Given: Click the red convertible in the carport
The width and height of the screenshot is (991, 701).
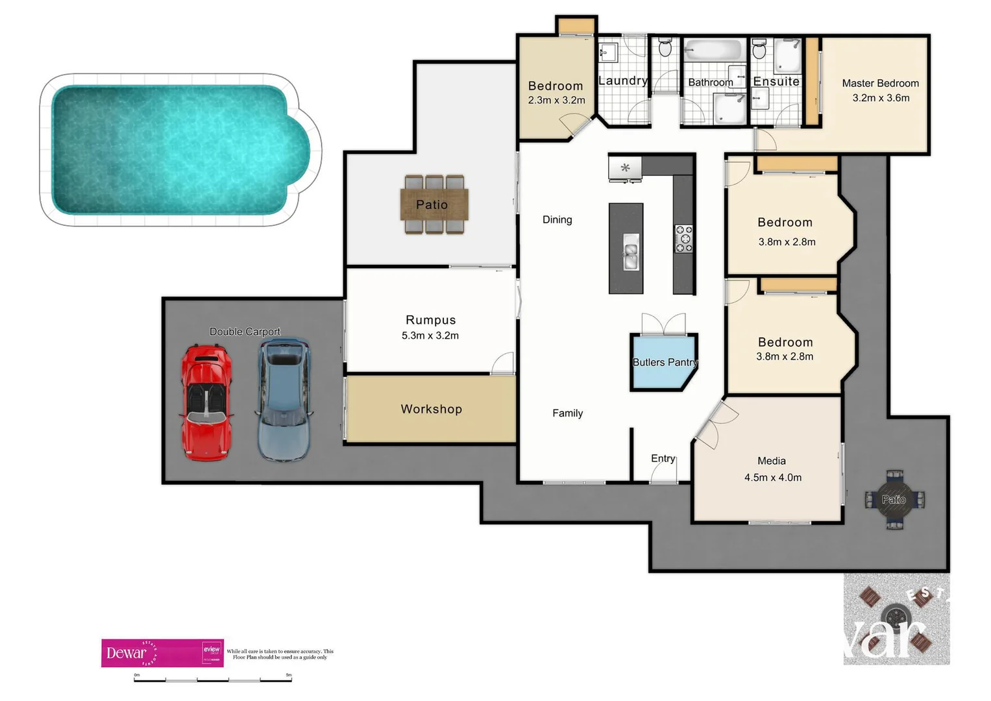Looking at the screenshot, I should pos(206,402).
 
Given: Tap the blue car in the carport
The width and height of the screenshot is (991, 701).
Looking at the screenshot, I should pos(285,400).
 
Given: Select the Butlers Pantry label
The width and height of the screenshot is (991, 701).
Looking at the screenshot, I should pos(665,362).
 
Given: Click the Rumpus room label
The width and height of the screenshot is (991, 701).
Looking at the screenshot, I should pos(430,320).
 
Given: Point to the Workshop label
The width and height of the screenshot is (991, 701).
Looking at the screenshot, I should pos(431,409).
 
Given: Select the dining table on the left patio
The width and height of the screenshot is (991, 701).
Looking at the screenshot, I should pos(434,204).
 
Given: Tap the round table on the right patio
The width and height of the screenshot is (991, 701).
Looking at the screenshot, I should pos(894,499).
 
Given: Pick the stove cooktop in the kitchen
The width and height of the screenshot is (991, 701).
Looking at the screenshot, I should pos(684,238).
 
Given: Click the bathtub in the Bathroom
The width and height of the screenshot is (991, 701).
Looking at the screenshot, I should pos(713,51).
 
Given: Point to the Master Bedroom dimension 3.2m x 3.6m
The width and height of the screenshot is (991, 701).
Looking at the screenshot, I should pos(881,98).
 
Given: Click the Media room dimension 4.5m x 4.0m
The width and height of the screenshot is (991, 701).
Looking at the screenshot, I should pos(772,478).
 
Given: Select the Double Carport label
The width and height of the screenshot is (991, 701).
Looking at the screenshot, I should pos(245,332).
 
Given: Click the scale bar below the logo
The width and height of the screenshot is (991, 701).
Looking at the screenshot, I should pos(213,680).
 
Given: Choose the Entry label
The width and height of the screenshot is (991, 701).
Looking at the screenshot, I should pos(663,458).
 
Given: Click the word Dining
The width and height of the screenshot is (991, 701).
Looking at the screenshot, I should pos(557,219).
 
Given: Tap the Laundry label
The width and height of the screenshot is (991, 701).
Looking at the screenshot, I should pos(622,80).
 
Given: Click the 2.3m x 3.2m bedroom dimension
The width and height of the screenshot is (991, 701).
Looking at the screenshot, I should pos(556,101).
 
